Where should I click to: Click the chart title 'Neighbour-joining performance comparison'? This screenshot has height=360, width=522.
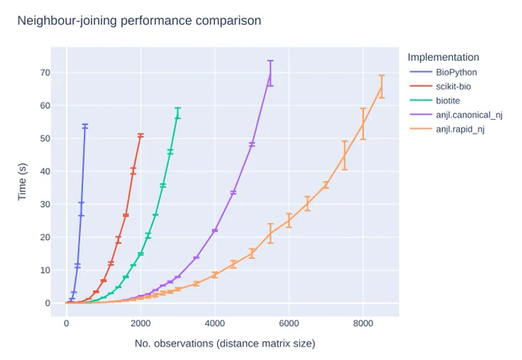[139, 21]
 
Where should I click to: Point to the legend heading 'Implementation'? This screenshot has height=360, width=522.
[444, 58]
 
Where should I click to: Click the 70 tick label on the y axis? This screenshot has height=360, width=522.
[45, 73]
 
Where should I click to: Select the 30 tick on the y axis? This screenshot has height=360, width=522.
[45, 204]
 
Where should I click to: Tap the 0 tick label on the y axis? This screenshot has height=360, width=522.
[48, 303]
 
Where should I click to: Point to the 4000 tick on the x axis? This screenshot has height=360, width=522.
[215, 323]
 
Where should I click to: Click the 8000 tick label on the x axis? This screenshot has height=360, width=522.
[363, 323]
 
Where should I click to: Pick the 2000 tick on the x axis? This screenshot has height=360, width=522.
[140, 323]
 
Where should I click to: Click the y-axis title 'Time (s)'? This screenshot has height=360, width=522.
[22, 182]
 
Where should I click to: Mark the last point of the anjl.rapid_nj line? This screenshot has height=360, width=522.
[382, 87]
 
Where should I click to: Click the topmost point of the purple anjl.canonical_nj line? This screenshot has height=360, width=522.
[270, 73]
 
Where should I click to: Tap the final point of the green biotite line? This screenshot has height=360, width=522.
[178, 113]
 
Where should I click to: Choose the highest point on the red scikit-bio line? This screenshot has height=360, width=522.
[140, 136]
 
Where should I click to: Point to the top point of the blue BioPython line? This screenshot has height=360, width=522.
[85, 126]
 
